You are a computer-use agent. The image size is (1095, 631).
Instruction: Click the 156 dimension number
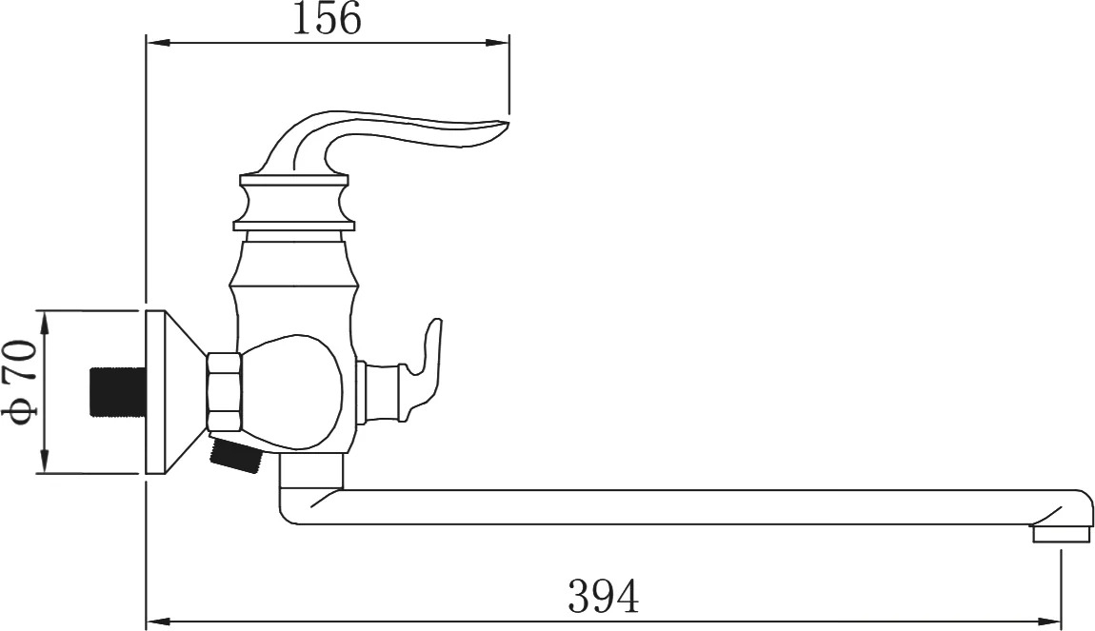click(x=327, y=19)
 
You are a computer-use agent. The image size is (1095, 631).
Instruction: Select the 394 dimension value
click(x=604, y=597)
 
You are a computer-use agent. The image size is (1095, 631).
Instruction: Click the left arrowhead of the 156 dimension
click(x=158, y=43)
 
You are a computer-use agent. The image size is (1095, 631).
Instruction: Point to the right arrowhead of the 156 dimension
click(x=497, y=43)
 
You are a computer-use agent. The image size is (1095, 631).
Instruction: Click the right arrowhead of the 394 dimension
click(x=1049, y=621)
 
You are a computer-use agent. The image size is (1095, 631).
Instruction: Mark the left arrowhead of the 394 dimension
click(x=158, y=621)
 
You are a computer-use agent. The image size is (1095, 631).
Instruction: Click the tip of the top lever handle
click(x=509, y=124)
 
